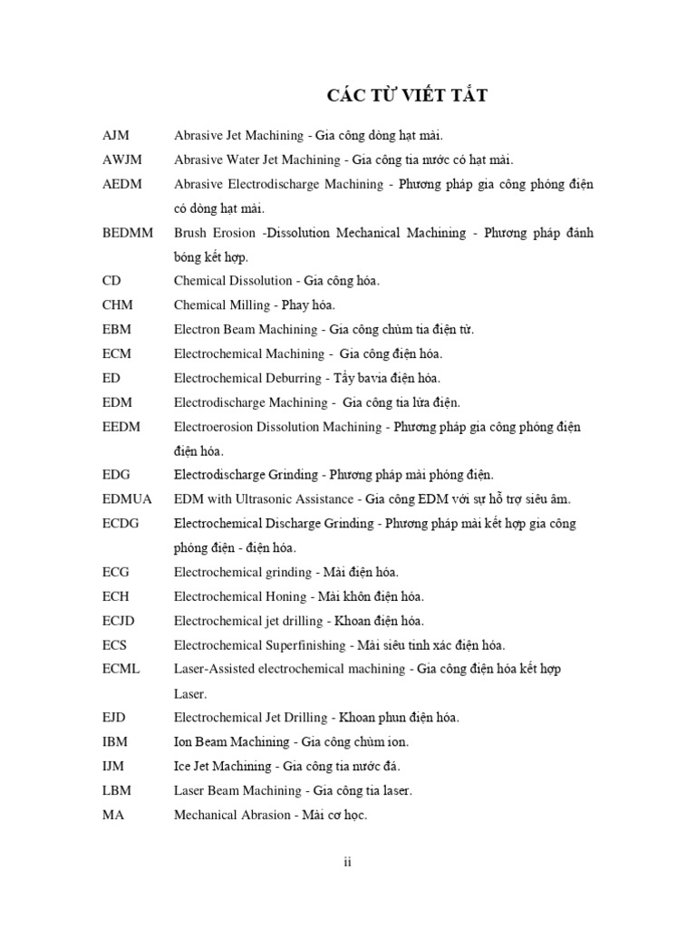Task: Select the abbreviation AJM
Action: [116, 135]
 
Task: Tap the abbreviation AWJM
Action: [121, 159]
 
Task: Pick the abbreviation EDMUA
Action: [127, 499]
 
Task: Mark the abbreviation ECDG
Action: [122, 524]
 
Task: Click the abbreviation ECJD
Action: [121, 621]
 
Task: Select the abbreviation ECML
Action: [122, 669]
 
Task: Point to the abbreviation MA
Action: [113, 815]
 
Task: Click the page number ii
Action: [347, 862]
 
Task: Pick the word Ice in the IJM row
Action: [182, 766]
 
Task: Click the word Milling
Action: [249, 305]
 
